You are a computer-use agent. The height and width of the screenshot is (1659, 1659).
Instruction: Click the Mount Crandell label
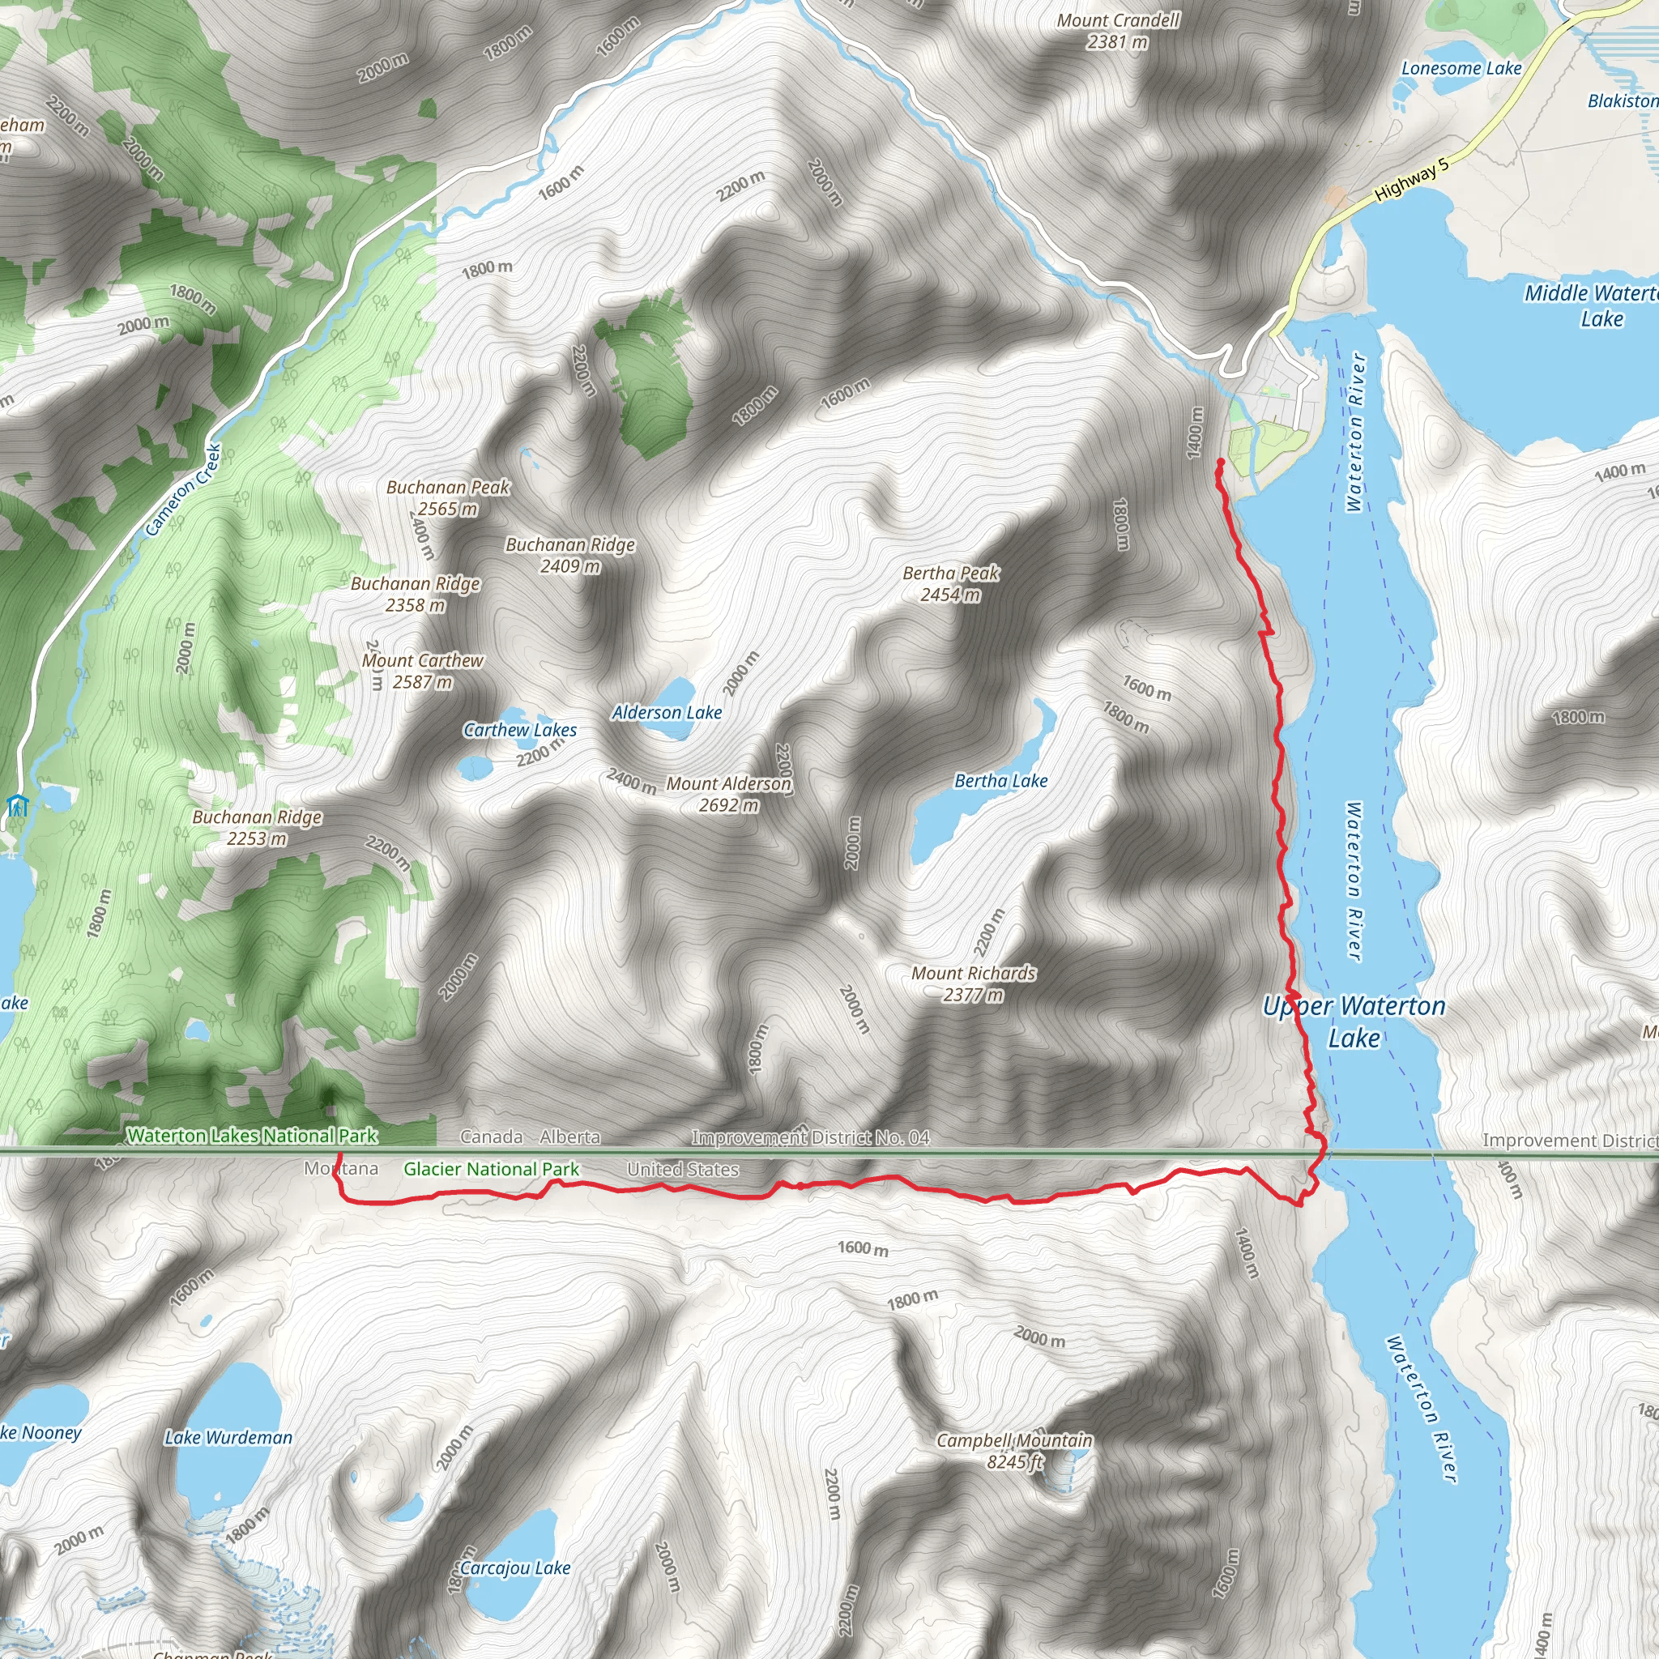tap(1118, 31)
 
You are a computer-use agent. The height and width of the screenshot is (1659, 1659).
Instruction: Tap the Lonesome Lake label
tap(1461, 69)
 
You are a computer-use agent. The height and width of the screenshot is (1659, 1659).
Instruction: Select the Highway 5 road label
tap(1412, 180)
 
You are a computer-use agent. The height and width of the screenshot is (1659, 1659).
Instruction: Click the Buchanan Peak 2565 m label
tap(447, 498)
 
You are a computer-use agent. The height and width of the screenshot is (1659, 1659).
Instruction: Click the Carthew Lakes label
tap(520, 730)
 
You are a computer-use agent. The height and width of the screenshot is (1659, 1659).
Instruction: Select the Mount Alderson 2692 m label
tap(729, 795)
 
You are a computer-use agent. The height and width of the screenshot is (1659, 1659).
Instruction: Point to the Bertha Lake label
tap(1001, 781)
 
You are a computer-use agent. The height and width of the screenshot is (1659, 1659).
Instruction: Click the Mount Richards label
tap(974, 984)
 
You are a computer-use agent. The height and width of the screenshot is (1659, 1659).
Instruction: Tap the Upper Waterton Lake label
tap(1354, 1021)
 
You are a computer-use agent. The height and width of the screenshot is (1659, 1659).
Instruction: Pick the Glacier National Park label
tap(491, 1170)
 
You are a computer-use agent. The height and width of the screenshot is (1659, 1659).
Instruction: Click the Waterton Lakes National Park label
tap(253, 1136)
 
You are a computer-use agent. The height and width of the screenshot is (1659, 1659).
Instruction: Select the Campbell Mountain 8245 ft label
tap(1014, 1451)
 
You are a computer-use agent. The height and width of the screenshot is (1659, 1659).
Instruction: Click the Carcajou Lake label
tap(515, 1568)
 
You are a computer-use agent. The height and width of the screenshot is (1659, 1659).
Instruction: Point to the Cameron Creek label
tap(184, 490)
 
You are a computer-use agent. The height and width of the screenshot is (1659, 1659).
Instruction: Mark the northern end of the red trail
tap(1220, 463)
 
